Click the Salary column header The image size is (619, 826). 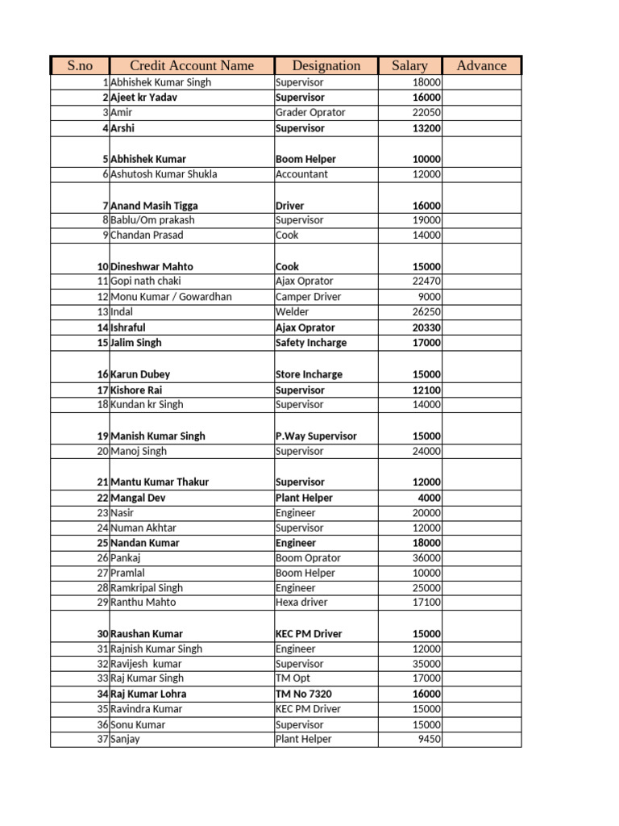(x=409, y=66)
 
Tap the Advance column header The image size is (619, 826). (x=481, y=66)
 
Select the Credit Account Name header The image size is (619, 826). (x=192, y=66)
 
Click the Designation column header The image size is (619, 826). (x=326, y=66)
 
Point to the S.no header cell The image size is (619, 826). (x=80, y=66)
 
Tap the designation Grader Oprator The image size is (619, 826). (x=310, y=113)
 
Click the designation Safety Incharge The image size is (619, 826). (x=311, y=343)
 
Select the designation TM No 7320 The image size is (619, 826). (x=303, y=694)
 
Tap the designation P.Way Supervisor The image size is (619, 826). (x=316, y=436)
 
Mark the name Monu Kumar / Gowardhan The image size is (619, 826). (x=171, y=297)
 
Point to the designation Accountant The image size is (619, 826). (x=301, y=174)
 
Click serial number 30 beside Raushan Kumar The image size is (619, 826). (x=102, y=634)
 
